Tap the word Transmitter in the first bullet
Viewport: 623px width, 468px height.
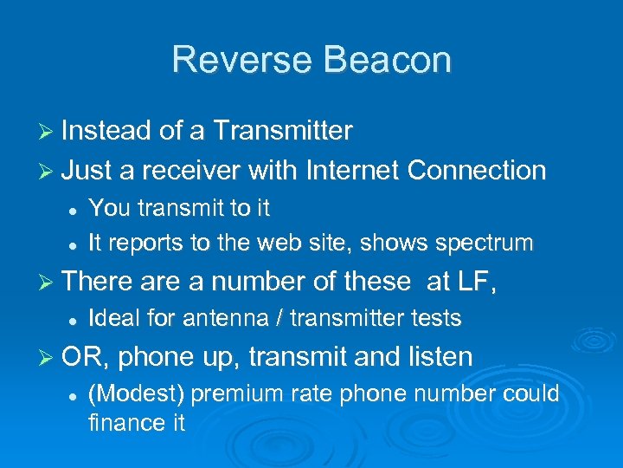pos(282,131)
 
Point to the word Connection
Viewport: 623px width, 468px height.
pos(476,170)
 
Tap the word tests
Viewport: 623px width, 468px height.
pos(437,319)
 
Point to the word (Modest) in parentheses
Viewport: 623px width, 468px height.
pos(137,394)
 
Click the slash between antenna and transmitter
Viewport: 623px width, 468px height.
pos(279,319)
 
